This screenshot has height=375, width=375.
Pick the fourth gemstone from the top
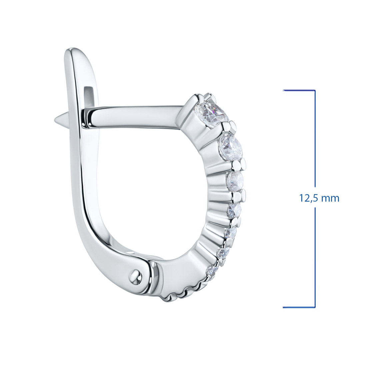(x=234, y=210)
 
